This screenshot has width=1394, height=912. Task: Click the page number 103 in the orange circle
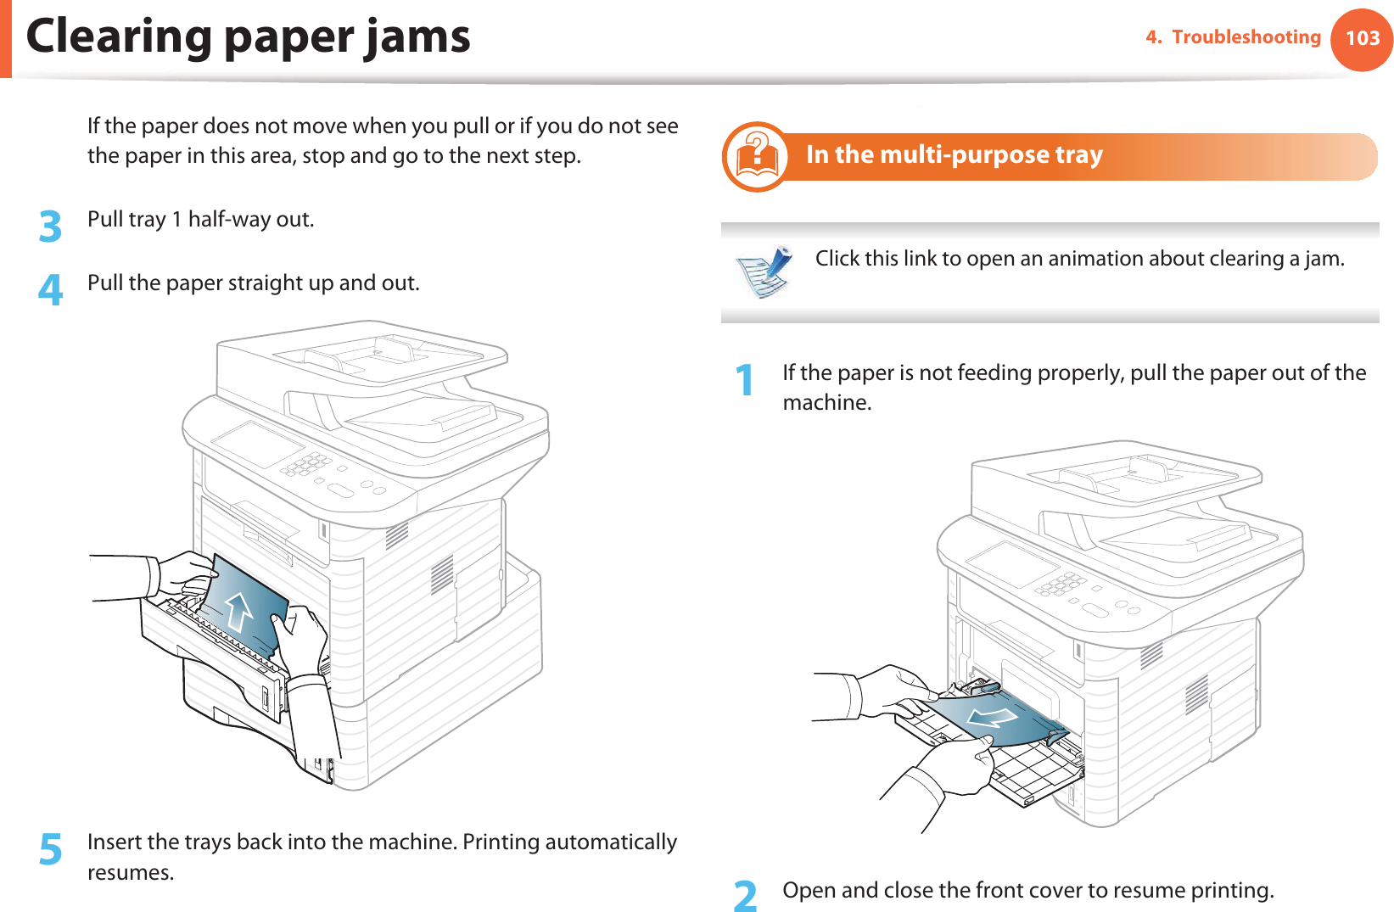tap(1363, 38)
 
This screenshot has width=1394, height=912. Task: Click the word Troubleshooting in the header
tap(1246, 37)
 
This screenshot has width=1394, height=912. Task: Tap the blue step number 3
tap(51, 227)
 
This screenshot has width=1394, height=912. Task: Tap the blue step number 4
tap(51, 289)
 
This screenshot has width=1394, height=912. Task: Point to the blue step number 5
tap(51, 849)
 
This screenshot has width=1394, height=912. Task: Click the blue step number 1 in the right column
tap(745, 380)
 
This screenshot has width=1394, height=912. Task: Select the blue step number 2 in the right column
tap(745, 896)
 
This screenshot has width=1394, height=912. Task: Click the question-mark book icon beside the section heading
tap(756, 157)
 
